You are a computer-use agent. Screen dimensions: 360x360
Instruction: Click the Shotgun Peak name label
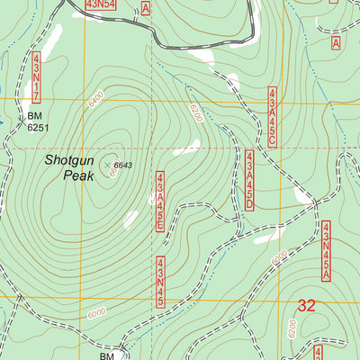67,168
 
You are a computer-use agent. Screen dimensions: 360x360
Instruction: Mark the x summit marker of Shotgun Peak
107,165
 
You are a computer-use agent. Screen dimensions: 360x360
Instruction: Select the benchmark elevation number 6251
37,128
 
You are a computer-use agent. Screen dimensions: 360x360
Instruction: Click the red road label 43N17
37,78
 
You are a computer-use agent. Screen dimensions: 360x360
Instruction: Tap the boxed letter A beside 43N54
146,7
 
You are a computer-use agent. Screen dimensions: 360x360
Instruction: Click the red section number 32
307,306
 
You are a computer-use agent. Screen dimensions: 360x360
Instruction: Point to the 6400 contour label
96,102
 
